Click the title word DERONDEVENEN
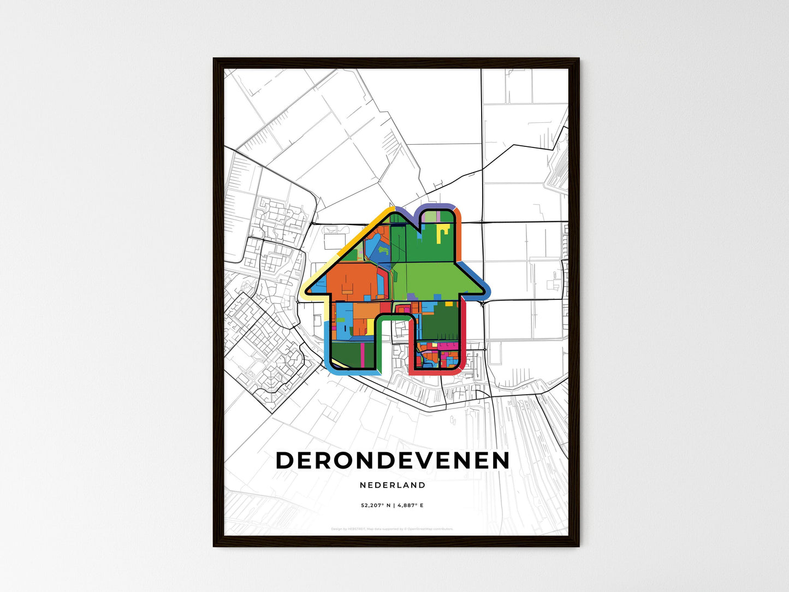coord(393,460)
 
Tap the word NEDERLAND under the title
coord(393,485)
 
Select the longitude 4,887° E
coord(410,506)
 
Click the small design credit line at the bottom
coord(392,529)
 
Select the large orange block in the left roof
coord(349,282)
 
